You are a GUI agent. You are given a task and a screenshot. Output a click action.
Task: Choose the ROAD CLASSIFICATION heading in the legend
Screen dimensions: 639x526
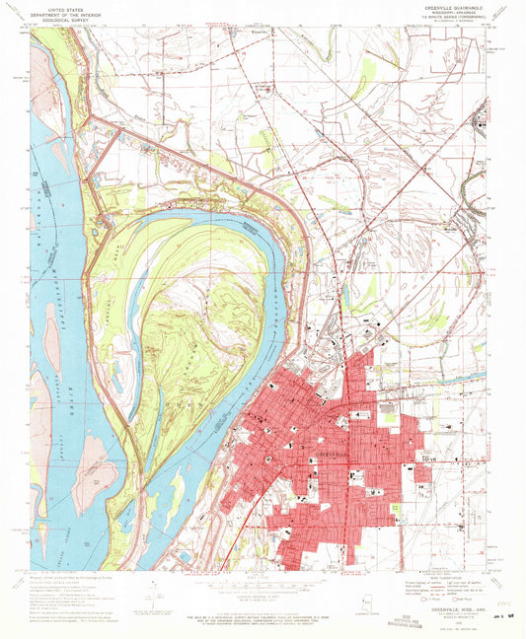point(448,579)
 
